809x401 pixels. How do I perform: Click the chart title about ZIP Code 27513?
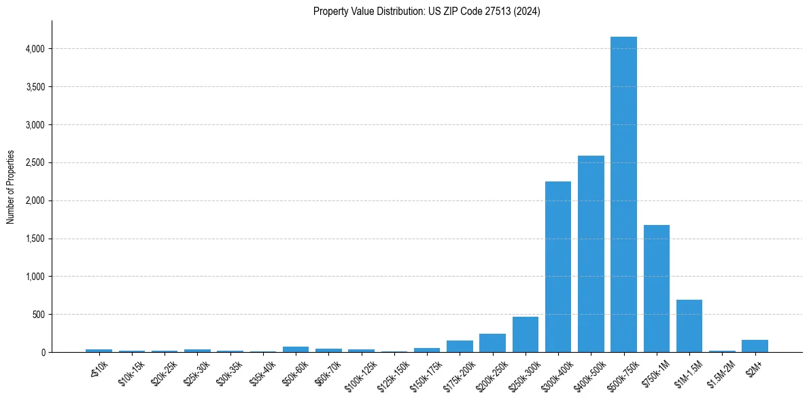pos(426,12)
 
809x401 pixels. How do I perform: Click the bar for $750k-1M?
pos(656,289)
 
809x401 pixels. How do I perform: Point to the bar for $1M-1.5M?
pos(689,326)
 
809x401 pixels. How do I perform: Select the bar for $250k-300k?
pos(526,334)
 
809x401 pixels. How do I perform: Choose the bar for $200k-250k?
pos(492,343)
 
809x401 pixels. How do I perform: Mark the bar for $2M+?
pos(755,346)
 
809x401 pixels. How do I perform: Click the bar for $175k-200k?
pos(460,347)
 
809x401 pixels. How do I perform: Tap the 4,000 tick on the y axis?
pos(33,49)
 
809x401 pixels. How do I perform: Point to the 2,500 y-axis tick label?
pos(33,163)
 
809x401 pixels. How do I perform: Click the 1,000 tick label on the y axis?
pos(33,277)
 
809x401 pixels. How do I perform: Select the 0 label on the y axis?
pos(42,353)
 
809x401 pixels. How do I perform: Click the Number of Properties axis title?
pos(11,187)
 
